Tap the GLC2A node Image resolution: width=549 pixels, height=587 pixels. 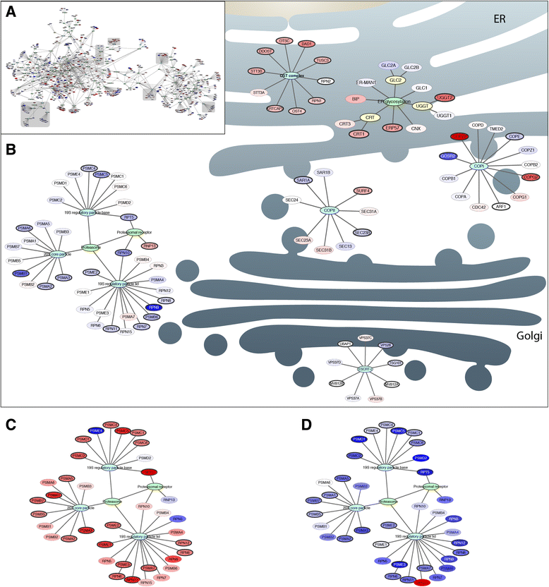389,65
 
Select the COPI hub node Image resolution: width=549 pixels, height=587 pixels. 480,167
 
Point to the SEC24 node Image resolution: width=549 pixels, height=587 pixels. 292,200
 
